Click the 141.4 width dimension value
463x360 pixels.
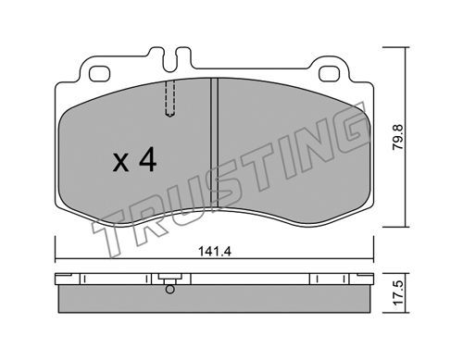[215, 252]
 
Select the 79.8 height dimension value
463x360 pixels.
[398, 137]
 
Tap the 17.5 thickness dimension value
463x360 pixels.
[398, 293]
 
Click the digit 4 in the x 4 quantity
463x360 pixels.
[147, 159]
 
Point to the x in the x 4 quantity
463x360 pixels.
[120, 163]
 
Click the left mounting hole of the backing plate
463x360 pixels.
[99, 74]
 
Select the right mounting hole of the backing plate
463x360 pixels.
[330, 74]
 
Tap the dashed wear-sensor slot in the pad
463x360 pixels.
[169, 98]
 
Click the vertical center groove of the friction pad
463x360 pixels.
[214, 143]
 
